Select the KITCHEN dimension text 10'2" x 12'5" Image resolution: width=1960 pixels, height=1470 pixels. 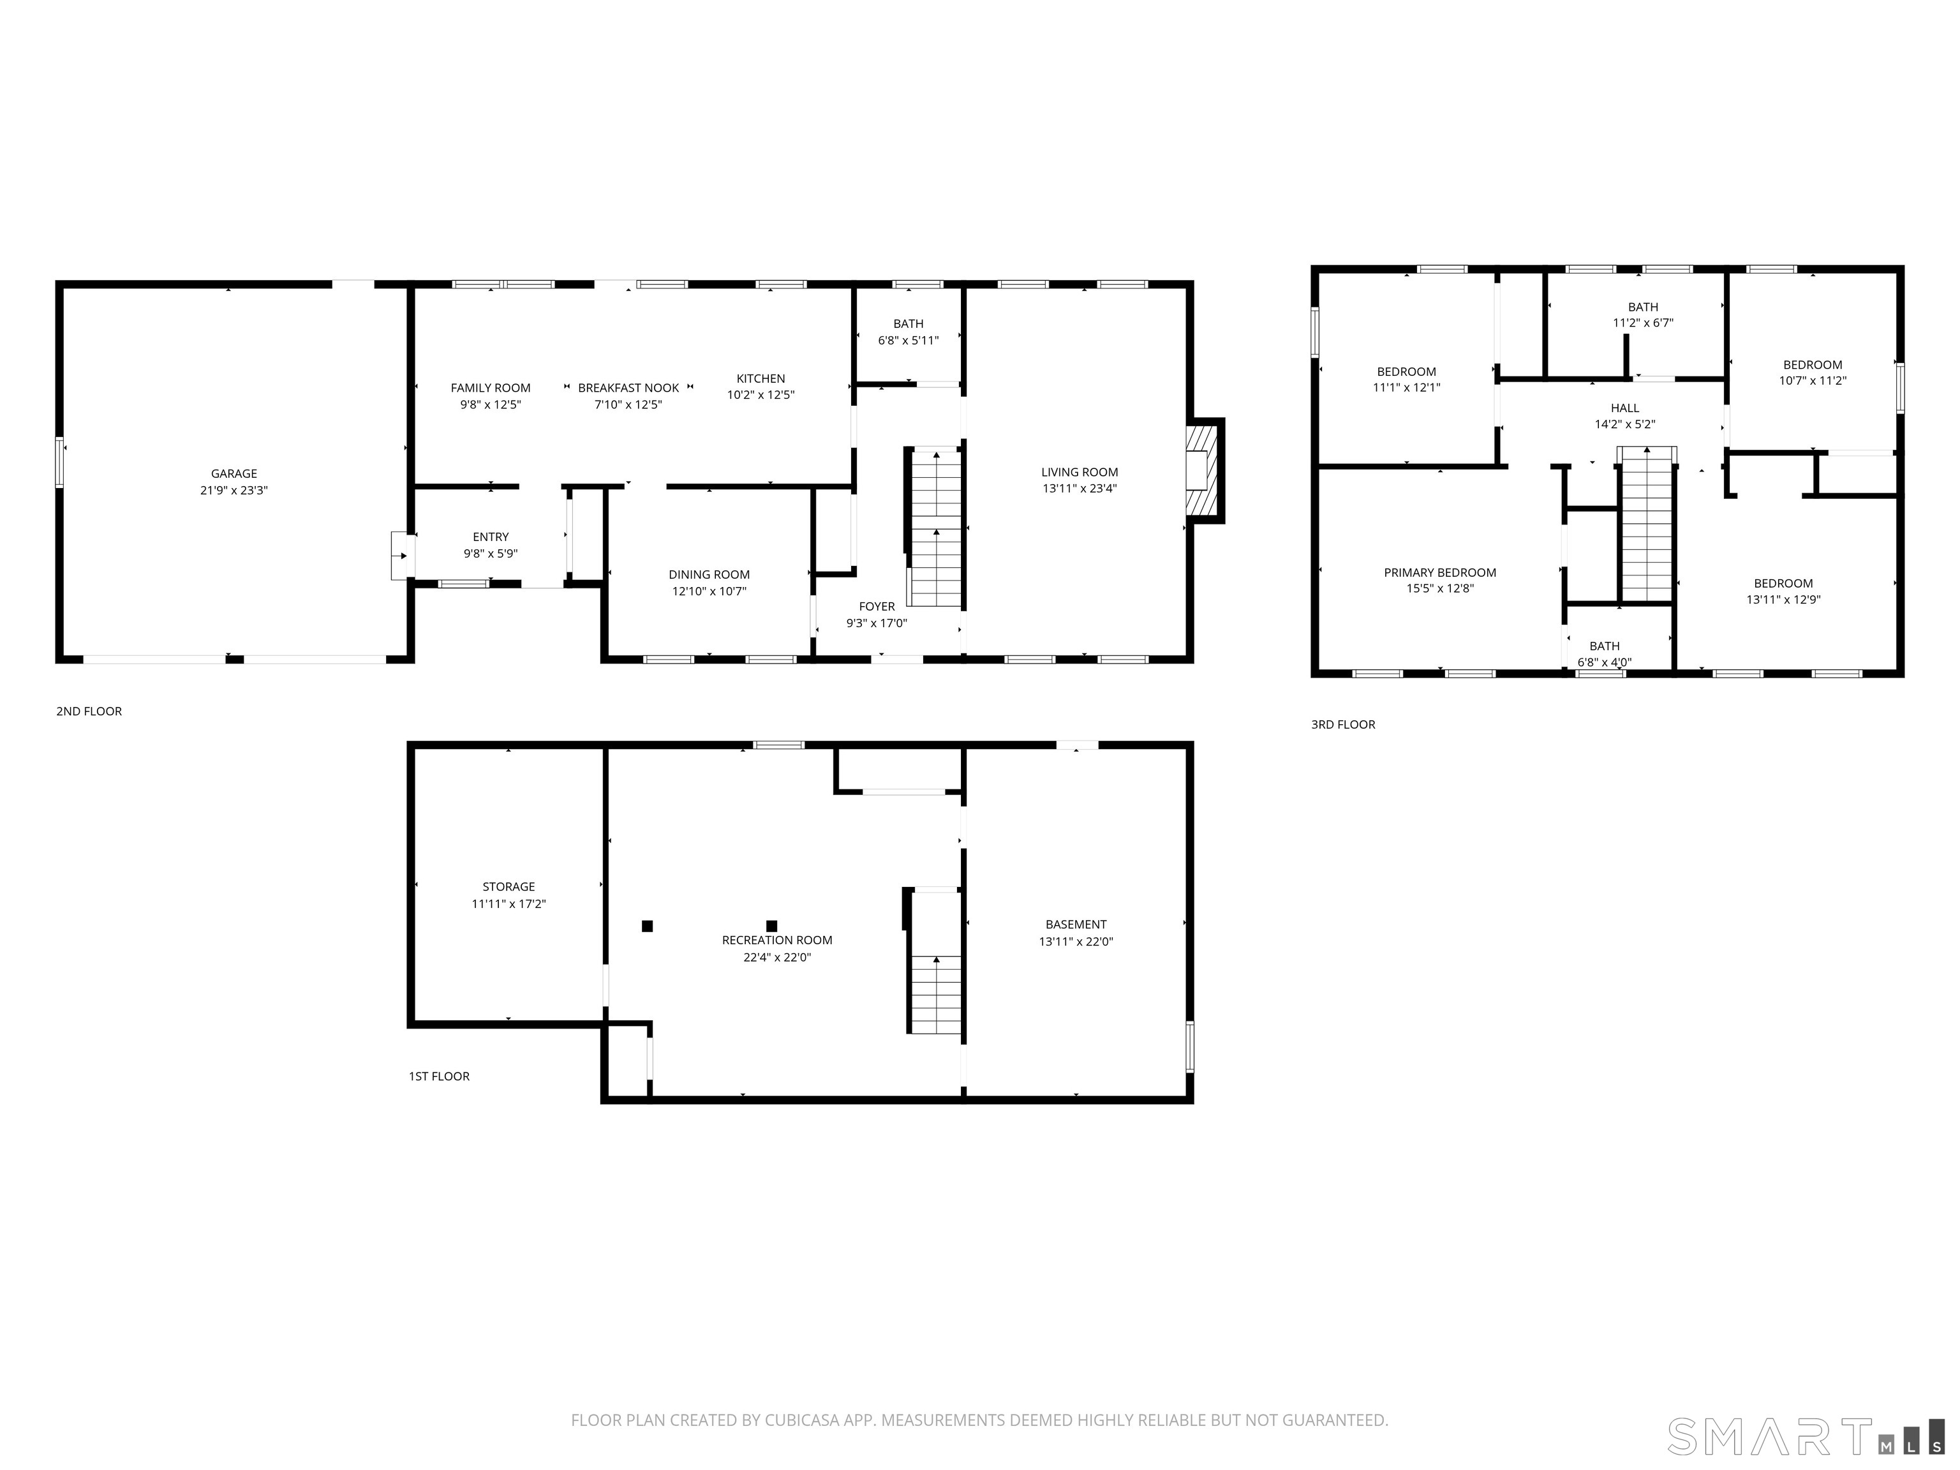pyautogui.click(x=761, y=395)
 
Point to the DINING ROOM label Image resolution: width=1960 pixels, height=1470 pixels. pyautogui.click(x=709, y=574)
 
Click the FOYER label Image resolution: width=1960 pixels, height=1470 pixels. pyautogui.click(x=877, y=606)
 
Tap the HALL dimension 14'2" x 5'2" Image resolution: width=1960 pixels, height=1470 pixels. pyautogui.click(x=1624, y=424)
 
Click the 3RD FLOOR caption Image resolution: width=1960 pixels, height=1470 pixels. pyautogui.click(x=1342, y=724)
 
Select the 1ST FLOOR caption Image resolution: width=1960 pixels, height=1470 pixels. pyautogui.click(x=438, y=1076)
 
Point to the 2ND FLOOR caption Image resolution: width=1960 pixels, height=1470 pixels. pyautogui.click(x=89, y=711)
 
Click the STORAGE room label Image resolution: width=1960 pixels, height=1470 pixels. pyautogui.click(x=508, y=886)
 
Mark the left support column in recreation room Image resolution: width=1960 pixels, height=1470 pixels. pyautogui.click(x=647, y=926)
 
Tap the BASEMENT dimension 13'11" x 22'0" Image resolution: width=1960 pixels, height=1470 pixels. pyautogui.click(x=1075, y=942)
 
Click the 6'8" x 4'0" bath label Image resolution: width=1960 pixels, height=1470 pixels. pyautogui.click(x=1604, y=662)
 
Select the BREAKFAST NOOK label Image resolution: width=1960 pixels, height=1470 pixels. pyautogui.click(x=628, y=388)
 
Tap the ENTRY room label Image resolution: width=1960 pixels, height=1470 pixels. pyautogui.click(x=490, y=537)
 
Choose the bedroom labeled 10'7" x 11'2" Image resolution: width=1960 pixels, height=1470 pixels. pyautogui.click(x=1812, y=372)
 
